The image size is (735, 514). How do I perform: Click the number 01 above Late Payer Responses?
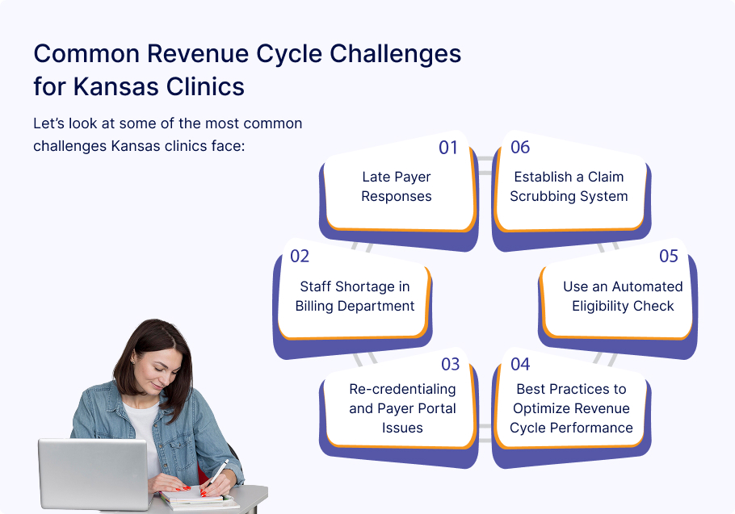click(448, 148)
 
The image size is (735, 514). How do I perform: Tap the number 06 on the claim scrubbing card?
click(520, 148)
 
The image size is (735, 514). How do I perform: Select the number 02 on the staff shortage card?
click(300, 257)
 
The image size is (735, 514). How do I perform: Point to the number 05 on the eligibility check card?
click(668, 257)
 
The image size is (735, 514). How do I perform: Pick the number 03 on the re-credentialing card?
click(450, 365)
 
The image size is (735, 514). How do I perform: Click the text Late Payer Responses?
click(396, 186)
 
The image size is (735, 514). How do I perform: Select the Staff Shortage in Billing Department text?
click(355, 296)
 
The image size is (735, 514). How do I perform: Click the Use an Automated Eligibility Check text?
click(623, 296)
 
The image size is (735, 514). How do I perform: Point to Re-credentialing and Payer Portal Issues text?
click(402, 408)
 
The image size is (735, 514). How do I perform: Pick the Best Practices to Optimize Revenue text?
click(571, 408)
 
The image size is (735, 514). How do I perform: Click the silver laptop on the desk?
click(81, 472)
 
